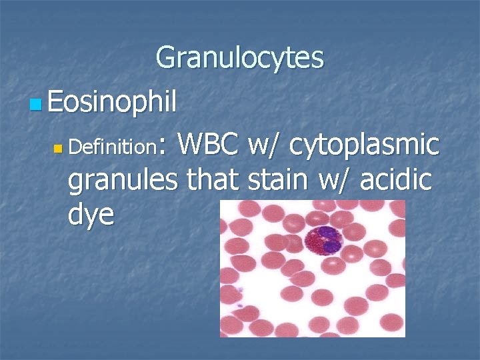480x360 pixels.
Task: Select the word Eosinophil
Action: [112, 103]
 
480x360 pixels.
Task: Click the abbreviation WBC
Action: [208, 144]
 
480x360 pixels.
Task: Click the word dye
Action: [91, 214]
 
